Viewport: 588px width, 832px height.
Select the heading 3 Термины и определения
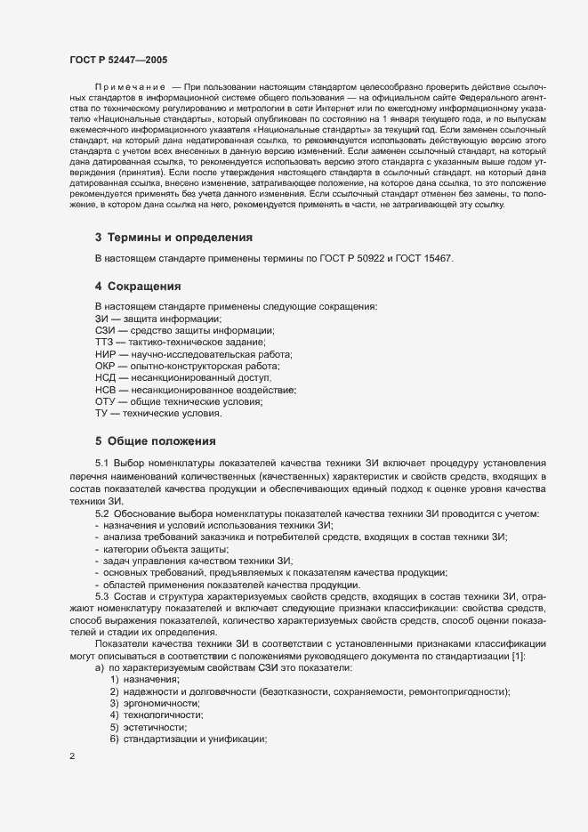click(173, 238)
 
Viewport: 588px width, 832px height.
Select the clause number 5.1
click(101, 464)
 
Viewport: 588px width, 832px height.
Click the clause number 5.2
click(101, 514)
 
